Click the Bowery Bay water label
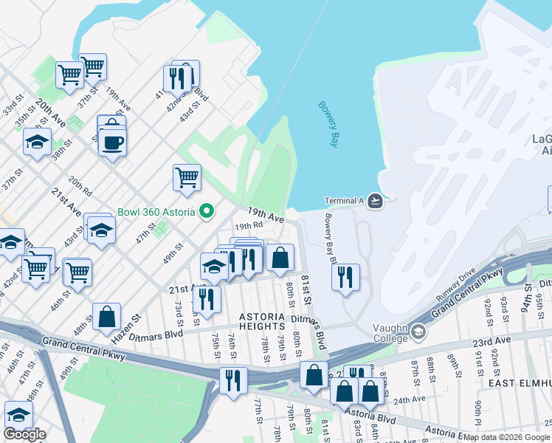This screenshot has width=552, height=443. [328, 124]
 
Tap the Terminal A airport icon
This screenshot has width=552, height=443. [376, 201]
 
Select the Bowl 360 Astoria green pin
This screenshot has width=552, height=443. [207, 212]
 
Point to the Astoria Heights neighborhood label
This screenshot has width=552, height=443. [261, 321]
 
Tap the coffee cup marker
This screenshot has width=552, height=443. [112, 142]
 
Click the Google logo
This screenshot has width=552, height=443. [24, 434]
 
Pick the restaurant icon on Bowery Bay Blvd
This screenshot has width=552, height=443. [345, 278]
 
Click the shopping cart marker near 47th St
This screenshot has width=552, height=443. [187, 177]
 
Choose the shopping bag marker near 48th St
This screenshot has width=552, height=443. [107, 317]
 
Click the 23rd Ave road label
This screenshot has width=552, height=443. [492, 343]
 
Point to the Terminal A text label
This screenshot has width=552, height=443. [345, 201]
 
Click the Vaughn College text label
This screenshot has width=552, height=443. [390, 334]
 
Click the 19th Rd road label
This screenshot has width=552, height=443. [249, 226]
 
